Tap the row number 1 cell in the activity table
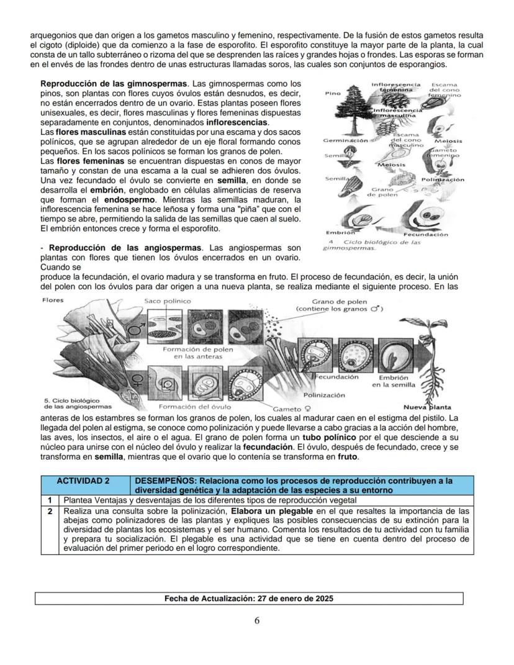coord(49,500)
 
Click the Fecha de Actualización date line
coord(249,599)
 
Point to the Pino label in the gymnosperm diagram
coord(332,94)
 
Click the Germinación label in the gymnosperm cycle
coord(345,141)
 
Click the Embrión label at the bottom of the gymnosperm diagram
coord(336,232)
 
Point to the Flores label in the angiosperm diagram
coord(52,299)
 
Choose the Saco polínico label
coord(165,301)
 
